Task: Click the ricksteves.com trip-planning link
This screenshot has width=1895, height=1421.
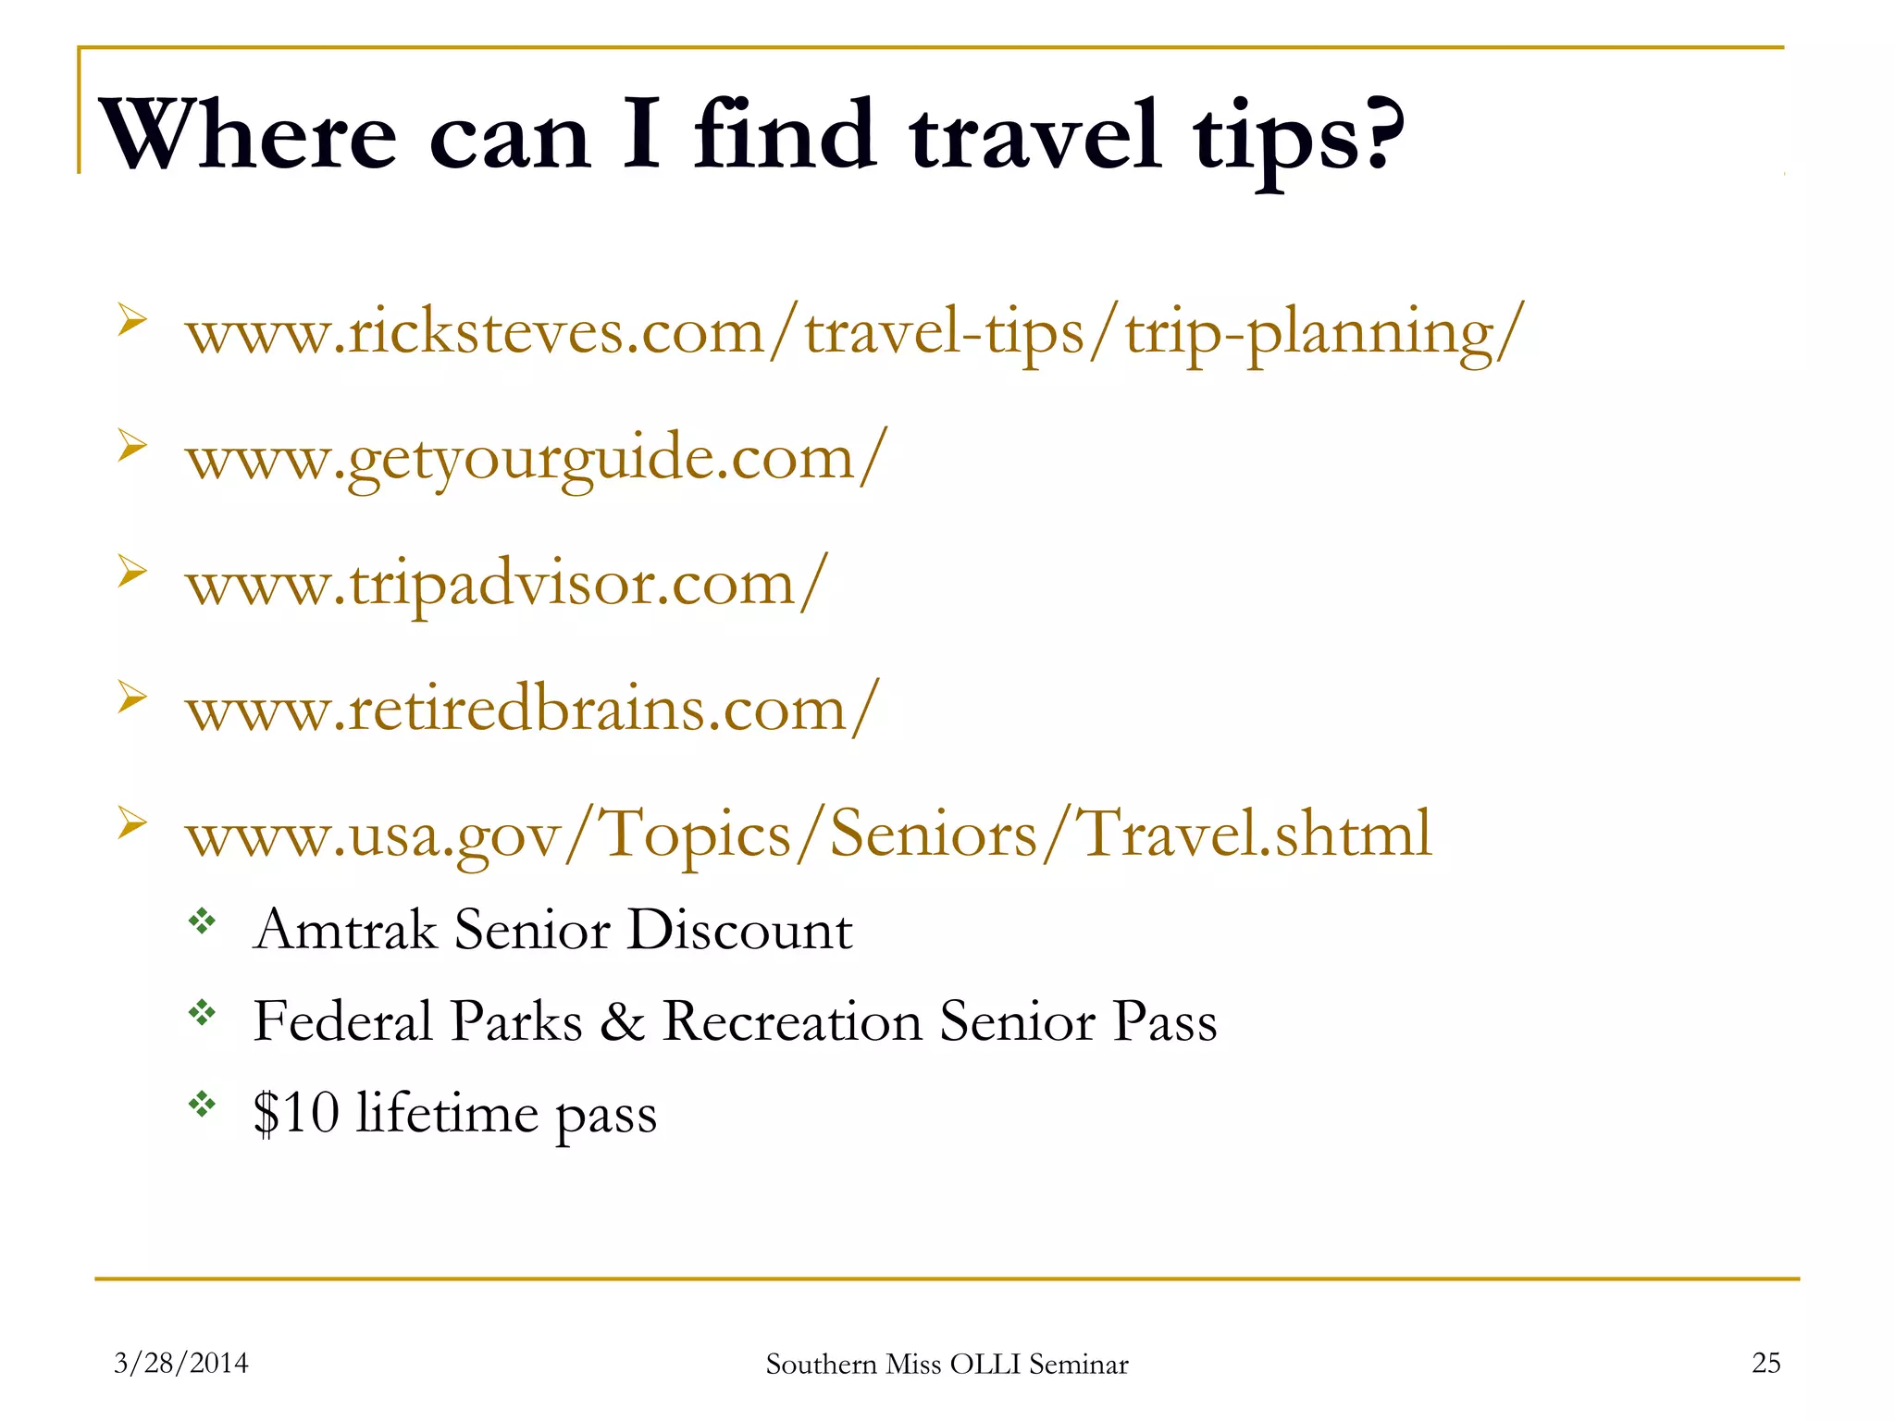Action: pos(853,333)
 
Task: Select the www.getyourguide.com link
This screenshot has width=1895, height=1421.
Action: pos(537,458)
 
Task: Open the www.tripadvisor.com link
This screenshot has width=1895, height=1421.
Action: pos(506,584)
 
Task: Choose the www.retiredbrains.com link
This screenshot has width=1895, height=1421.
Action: pos(532,710)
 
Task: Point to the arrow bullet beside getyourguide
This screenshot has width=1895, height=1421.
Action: pos(132,447)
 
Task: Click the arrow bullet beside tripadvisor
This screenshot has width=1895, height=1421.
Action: pos(132,573)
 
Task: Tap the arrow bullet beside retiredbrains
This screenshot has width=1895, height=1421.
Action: pos(132,698)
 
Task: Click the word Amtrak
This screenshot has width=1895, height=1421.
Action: pos(345,930)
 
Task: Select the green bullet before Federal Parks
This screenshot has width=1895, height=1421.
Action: pos(202,1012)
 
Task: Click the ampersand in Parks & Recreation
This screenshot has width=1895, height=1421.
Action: pos(622,1022)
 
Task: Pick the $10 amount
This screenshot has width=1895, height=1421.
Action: pos(296,1112)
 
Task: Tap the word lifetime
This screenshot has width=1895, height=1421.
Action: pos(447,1112)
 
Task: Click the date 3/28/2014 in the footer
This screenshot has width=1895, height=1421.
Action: pos(181,1363)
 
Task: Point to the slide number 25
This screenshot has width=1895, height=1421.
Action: pos(1765,1363)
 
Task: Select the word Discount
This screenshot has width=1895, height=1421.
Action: pos(739,930)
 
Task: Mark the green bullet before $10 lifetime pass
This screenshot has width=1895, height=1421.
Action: pos(202,1103)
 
